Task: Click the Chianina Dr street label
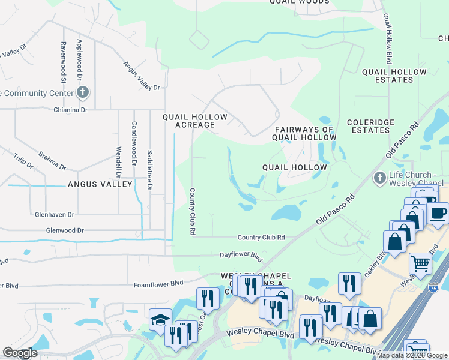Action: pos(71,110)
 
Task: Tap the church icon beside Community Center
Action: pos(83,92)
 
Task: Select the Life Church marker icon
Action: pos(379,178)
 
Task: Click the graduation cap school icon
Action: pos(160,319)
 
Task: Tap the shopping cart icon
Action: pos(420,262)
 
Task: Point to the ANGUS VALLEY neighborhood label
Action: pos(100,184)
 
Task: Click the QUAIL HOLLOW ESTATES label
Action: pos(394,76)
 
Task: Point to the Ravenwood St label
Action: pos(63,62)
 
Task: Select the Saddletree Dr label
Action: pos(150,170)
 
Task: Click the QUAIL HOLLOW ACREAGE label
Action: pos(195,121)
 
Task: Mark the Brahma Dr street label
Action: pos(52,160)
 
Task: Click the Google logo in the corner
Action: pos(20,353)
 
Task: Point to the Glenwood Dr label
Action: pos(65,230)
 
